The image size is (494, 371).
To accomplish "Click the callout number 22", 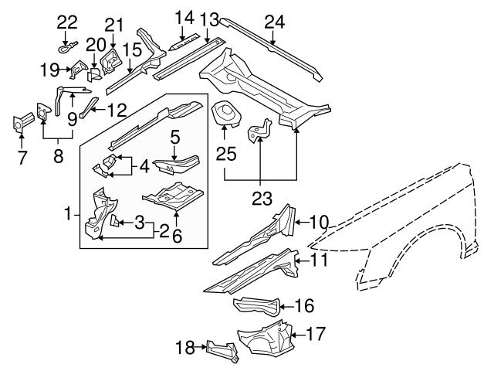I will click(x=68, y=21).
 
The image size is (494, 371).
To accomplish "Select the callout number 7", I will click(x=22, y=158).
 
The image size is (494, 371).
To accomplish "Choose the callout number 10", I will click(x=319, y=223).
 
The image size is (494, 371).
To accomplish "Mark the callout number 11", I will click(x=320, y=260).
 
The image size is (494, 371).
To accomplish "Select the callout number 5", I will click(x=175, y=138).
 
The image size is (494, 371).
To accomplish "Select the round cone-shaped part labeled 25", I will click(x=225, y=114).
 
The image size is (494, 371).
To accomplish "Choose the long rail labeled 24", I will click(x=270, y=48).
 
